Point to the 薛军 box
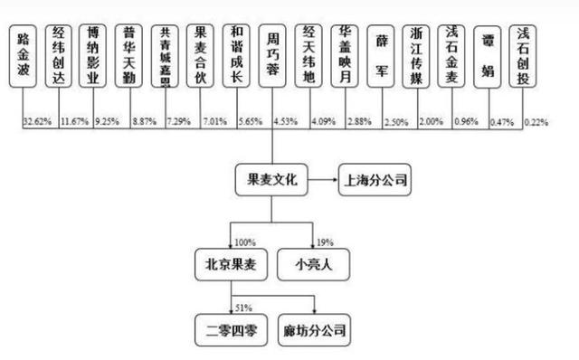coord(383,56)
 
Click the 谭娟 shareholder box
coord(489,56)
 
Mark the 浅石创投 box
coord(524,56)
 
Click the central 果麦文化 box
coord(271,181)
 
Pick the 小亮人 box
coord(312,265)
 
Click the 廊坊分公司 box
coord(315,327)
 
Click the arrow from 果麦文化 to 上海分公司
coord(321,181)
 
